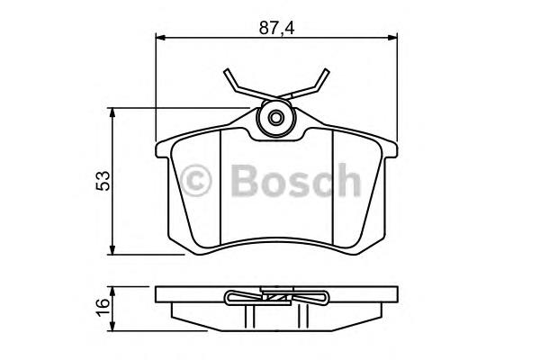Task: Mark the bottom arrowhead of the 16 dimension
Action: click(112, 319)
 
